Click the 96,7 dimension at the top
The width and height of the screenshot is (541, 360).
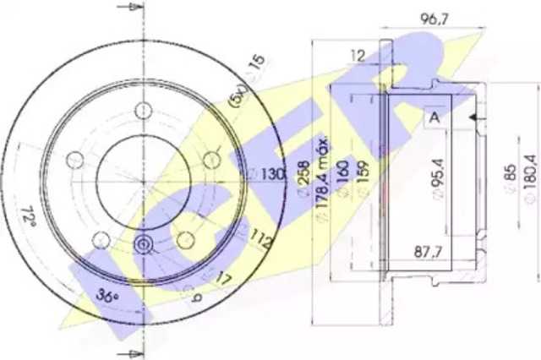pyautogui.click(x=435, y=18)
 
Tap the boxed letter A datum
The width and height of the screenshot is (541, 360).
pyautogui.click(x=434, y=117)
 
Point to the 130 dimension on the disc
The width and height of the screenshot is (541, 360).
pyautogui.click(x=269, y=174)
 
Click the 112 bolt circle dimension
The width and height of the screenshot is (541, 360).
pyautogui.click(x=262, y=243)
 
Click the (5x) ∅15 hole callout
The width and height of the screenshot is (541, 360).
pyautogui.click(x=245, y=81)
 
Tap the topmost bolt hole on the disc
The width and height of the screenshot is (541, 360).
pyautogui.click(x=143, y=110)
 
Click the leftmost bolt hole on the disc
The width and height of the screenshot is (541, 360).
pyautogui.click(x=74, y=160)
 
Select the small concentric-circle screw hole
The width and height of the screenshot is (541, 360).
pyautogui.click(x=143, y=245)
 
